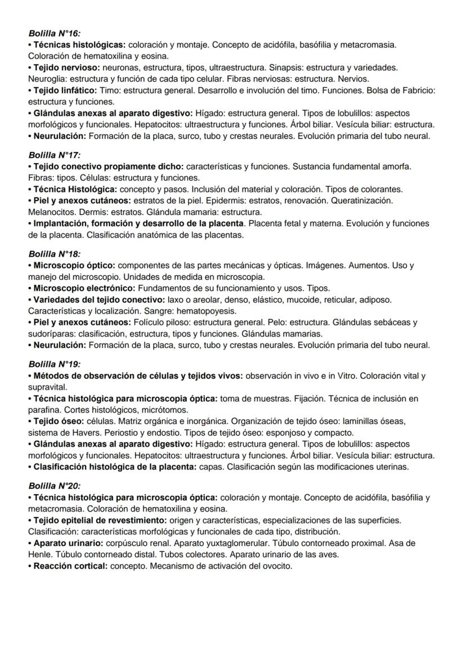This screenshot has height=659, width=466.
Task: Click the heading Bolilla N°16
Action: point(55,34)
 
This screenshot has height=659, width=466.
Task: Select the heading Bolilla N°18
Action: point(55,254)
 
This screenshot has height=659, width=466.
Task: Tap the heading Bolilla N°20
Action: point(55,486)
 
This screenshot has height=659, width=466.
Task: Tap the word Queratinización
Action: point(362,200)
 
